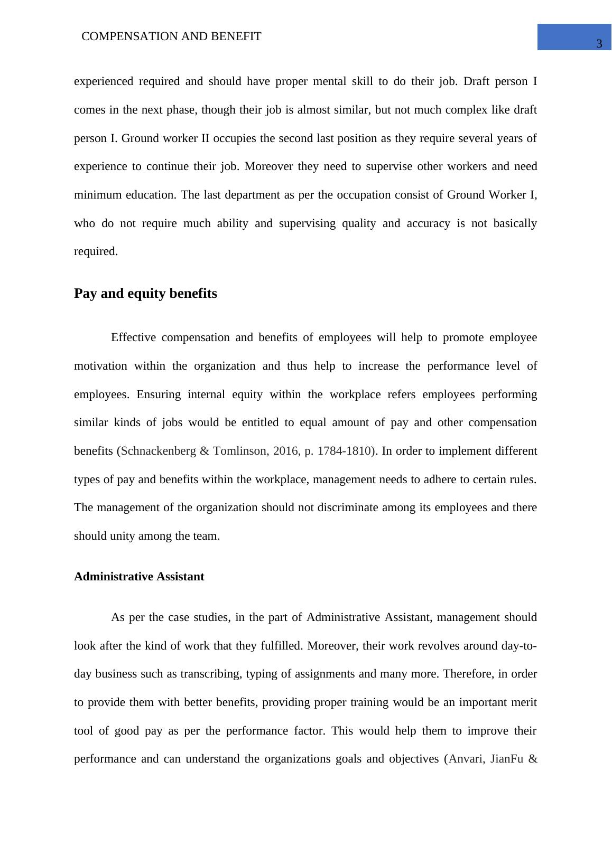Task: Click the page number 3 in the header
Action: click(599, 44)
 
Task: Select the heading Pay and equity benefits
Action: click(145, 294)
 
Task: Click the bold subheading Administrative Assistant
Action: click(139, 577)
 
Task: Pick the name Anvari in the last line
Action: click(465, 759)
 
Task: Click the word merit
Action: click(524, 703)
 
